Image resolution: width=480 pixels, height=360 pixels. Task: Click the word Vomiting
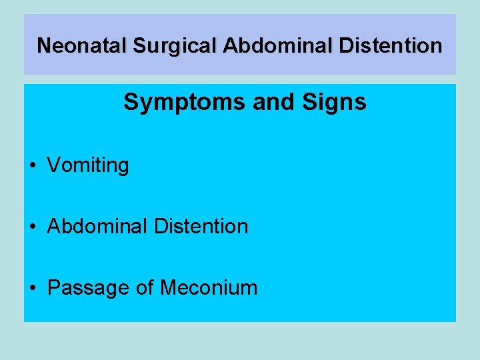coord(88,165)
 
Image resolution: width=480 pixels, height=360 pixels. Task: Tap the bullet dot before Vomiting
coord(33,165)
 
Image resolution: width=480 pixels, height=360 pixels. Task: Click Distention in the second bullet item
coord(201,226)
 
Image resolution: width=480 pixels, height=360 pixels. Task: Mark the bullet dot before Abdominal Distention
coord(33,227)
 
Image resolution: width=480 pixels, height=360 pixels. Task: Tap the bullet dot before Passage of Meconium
coord(33,288)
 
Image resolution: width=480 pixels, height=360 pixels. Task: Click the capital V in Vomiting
coord(53,165)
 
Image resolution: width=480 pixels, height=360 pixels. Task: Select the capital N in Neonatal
coord(44,45)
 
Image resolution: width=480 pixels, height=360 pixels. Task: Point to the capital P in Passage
coord(53,287)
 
